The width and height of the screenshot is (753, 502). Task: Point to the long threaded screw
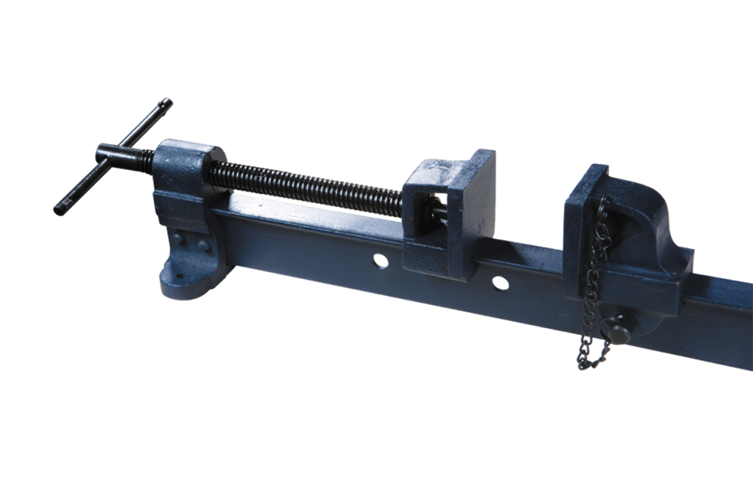(301, 187)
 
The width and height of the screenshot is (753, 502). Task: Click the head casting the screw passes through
(184, 173)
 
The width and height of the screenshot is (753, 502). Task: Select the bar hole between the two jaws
(498, 284)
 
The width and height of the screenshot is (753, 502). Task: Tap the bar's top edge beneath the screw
(301, 212)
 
